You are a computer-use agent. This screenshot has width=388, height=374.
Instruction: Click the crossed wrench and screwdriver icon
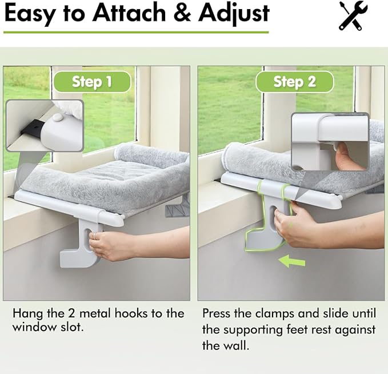[353, 15]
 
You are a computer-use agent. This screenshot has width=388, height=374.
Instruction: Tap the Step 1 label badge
[92, 82]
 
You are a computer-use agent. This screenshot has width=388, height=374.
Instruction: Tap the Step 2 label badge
[294, 82]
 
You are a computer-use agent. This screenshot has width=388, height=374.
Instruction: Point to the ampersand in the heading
[179, 14]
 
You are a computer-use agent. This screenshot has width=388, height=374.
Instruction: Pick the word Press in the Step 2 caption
[217, 314]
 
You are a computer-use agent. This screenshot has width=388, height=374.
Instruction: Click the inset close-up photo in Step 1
[45, 126]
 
